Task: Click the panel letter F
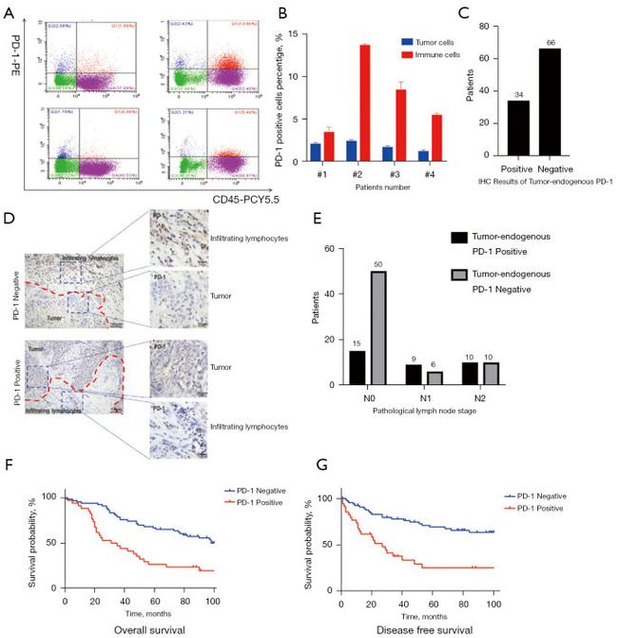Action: click(9, 469)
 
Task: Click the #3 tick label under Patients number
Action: click(390, 172)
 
